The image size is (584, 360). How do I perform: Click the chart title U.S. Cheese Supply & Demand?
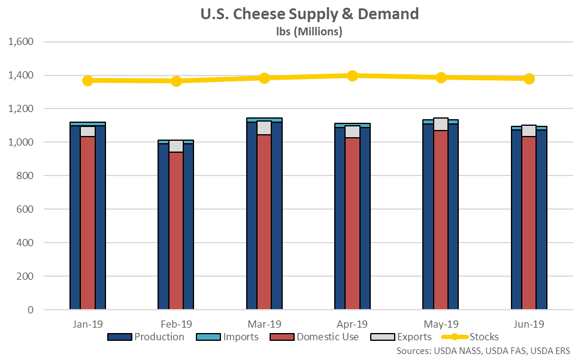[309, 14]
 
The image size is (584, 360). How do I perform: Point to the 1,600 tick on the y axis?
[22, 42]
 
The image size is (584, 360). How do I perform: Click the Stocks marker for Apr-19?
[352, 75]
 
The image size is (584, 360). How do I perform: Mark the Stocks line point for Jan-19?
[88, 80]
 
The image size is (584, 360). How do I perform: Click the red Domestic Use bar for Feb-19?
[176, 231]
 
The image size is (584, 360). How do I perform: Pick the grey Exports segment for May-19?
[441, 124]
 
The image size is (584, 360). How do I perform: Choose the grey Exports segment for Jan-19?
[88, 131]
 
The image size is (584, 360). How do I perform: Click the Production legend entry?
[146, 337]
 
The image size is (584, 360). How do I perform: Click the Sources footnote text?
[483, 350]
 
